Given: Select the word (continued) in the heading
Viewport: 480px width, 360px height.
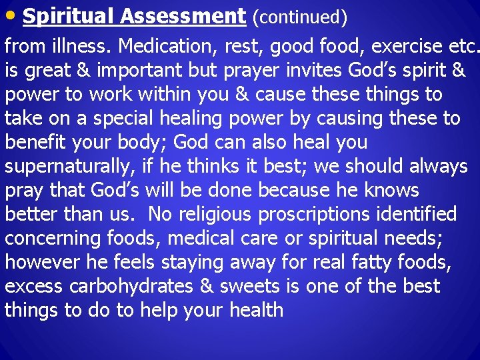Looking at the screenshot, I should click(x=299, y=17).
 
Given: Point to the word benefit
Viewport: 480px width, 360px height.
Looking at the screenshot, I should click(x=41, y=143).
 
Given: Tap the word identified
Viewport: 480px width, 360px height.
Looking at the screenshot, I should click(x=416, y=215).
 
